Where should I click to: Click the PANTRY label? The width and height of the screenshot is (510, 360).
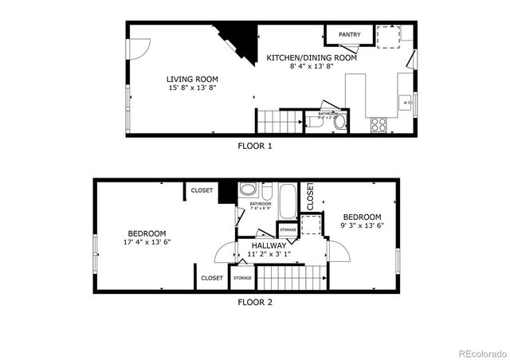(349, 35)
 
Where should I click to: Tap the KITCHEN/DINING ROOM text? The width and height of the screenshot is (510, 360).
(312, 58)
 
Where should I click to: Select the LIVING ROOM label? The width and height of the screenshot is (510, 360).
(192, 79)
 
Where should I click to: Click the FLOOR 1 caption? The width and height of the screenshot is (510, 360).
(255, 146)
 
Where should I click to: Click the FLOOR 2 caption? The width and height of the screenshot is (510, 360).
(255, 302)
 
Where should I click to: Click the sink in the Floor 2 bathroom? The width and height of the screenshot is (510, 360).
(248, 190)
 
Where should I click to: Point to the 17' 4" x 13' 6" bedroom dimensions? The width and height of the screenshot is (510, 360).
(147, 242)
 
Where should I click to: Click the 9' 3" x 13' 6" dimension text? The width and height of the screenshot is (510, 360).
(362, 225)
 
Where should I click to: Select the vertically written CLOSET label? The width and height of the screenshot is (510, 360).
(311, 198)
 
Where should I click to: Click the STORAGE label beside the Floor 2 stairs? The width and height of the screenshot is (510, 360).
(242, 278)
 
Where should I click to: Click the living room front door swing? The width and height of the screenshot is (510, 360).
(136, 48)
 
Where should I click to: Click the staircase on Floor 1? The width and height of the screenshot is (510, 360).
(271, 121)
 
